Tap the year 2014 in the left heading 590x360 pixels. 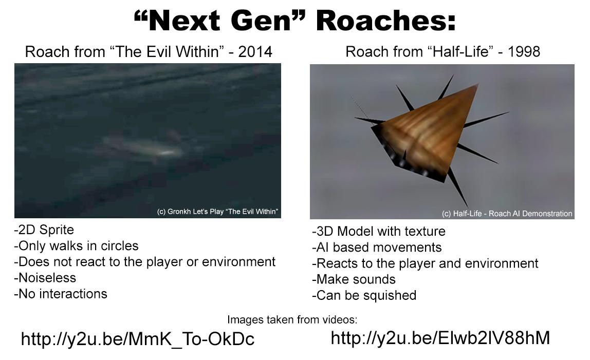[255, 52]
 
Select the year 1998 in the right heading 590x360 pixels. [524, 52]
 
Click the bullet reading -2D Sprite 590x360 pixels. [44, 230]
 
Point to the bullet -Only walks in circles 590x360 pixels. [77, 245]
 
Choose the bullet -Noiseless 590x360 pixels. [45, 278]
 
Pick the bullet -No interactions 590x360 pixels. [61, 294]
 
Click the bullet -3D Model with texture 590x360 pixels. [379, 231]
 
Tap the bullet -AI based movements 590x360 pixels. [377, 247]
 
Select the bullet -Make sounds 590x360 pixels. [354, 279]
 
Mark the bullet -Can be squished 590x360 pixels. [364, 295]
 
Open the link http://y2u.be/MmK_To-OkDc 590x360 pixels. [138, 339]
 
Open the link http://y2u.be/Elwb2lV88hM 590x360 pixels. [440, 338]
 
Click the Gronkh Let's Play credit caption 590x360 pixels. [218, 212]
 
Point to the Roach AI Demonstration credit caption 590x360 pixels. [507, 214]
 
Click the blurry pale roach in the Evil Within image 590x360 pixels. [145, 148]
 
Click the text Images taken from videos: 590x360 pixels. [292, 320]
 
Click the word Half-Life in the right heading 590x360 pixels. [460, 52]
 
